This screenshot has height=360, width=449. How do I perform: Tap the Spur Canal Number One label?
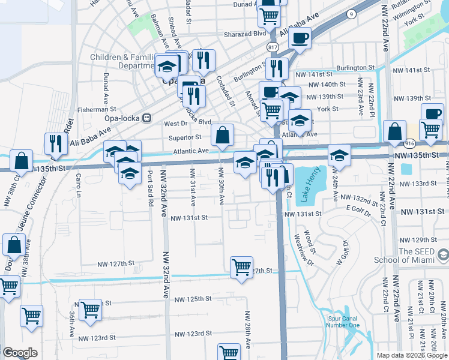[x=343, y=322]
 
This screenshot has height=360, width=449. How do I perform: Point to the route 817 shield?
[x=273, y=47]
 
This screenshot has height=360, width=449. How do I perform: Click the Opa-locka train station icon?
[x=146, y=118]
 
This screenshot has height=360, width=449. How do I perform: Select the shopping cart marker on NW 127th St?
[x=242, y=266]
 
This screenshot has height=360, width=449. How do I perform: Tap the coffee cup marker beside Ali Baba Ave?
[x=300, y=38]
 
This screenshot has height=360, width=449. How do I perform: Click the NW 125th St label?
[x=193, y=298]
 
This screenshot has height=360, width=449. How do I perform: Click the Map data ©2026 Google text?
[x=412, y=355]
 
